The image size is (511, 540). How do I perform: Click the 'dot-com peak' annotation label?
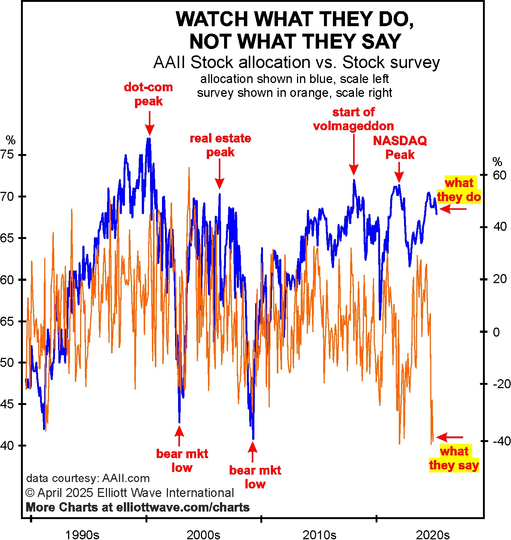[149, 94]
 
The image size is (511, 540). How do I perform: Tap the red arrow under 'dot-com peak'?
[149, 123]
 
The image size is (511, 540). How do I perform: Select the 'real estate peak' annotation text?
[220, 145]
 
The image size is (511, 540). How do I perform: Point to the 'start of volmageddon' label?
[354, 119]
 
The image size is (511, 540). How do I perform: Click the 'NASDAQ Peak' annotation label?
[400, 147]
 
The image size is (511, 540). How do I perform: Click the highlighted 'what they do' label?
[459, 190]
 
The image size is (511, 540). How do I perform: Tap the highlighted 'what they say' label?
[454, 458]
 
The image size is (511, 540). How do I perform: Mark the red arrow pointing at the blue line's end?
[453, 209]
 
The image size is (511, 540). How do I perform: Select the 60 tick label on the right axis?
[499, 175]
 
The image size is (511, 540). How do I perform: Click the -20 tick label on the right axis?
[501, 384]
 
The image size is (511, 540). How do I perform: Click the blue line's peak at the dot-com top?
[149, 139]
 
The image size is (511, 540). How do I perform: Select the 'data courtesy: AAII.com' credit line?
[88, 478]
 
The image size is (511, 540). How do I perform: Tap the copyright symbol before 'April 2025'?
[30, 493]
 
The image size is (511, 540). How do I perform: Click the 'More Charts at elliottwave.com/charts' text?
[138, 507]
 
